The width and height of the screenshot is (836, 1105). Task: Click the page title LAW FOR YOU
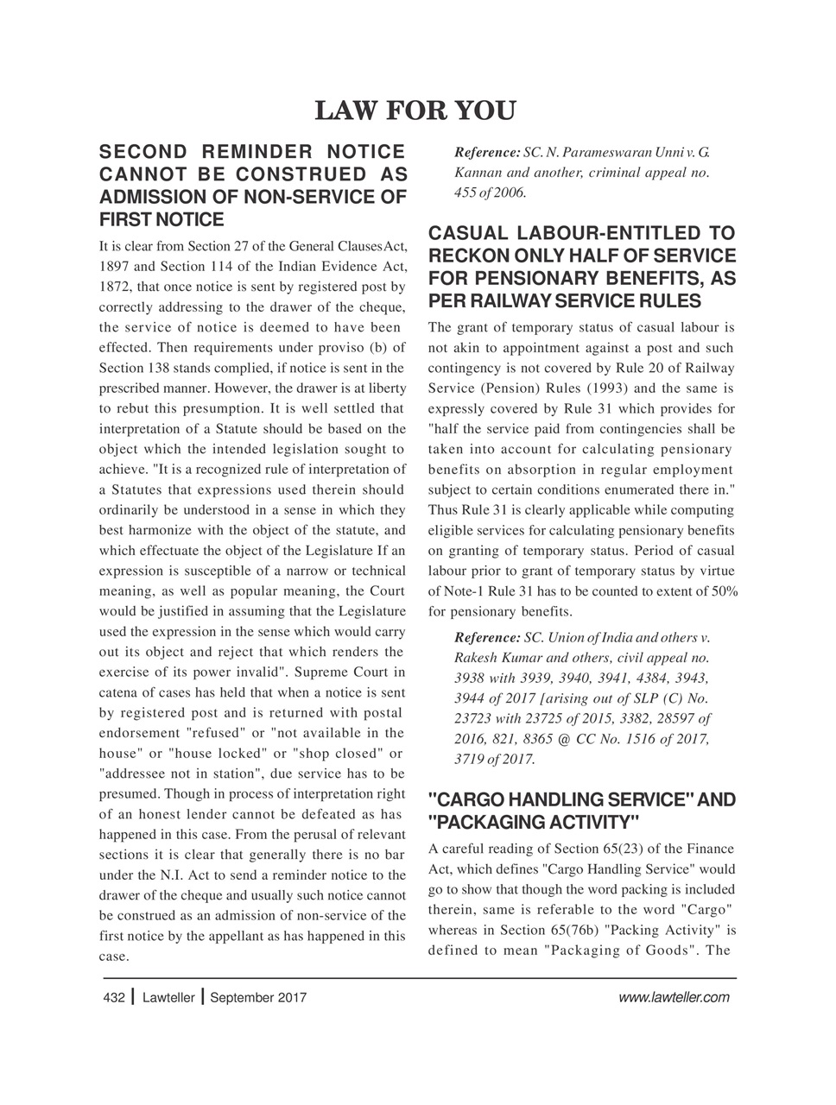pos(415,111)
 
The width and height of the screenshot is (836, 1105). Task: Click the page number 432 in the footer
pos(112,998)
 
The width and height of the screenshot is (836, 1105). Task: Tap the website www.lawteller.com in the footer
pos(674,998)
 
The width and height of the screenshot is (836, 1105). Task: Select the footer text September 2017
pos(258,998)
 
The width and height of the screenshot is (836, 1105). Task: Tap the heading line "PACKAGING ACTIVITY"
pos(534,821)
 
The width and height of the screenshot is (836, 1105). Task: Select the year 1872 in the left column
pos(115,285)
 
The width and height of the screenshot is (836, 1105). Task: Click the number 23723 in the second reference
pos(472,719)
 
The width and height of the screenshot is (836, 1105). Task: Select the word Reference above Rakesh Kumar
pos(486,638)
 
